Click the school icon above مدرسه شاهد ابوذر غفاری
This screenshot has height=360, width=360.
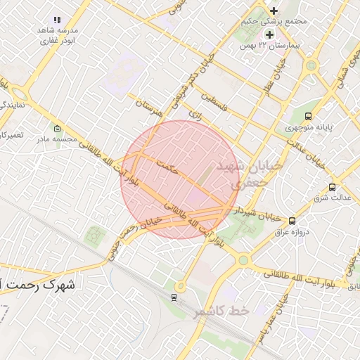point(57,20)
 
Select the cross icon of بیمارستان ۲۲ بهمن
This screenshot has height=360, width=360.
point(269,34)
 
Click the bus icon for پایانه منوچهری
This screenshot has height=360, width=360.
point(309,117)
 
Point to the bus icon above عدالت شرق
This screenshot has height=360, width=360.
point(332,187)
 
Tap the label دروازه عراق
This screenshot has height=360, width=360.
point(295,233)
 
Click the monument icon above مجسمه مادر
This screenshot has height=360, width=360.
point(57,129)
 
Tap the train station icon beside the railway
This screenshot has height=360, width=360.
point(173,297)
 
